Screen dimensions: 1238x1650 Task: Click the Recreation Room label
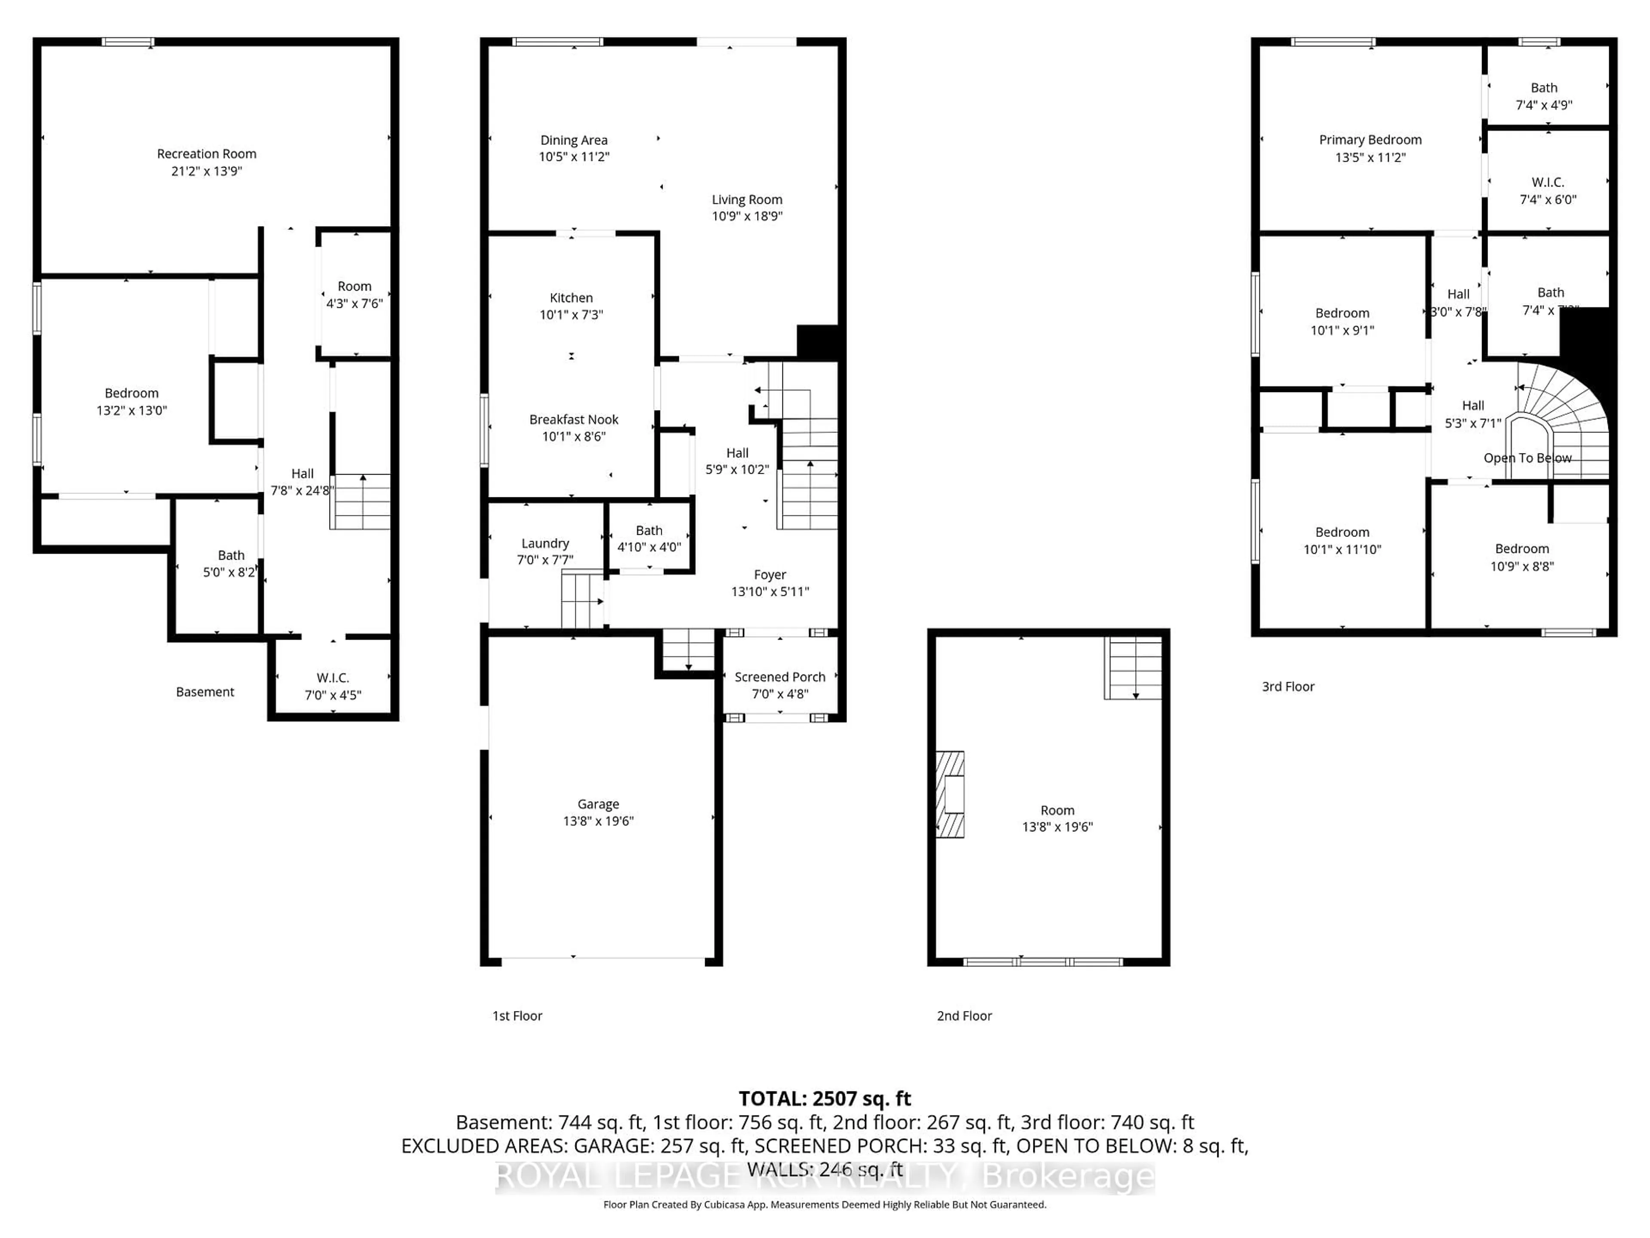click(x=207, y=154)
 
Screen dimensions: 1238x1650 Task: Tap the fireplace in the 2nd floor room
click(x=950, y=794)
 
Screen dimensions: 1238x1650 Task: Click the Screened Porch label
click(x=779, y=677)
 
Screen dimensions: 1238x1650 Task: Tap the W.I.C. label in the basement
click(x=333, y=677)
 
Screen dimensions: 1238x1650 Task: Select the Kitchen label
click(x=571, y=298)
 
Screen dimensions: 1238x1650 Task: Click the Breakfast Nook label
click(x=574, y=420)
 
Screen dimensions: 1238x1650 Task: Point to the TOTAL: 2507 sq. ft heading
click(x=824, y=1098)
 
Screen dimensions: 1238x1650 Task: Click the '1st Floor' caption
click(x=517, y=1016)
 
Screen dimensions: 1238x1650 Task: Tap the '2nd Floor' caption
click(x=964, y=1016)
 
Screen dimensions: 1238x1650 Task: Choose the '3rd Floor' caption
click(x=1287, y=686)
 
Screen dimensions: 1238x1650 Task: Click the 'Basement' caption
click(x=205, y=692)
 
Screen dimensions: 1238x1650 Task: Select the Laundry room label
click(x=545, y=543)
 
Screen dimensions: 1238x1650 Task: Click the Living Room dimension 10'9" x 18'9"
click(x=747, y=216)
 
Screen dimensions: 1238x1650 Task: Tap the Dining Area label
click(x=574, y=140)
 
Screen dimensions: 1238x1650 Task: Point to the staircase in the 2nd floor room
click(x=1133, y=668)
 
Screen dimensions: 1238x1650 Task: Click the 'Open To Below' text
click(x=1527, y=458)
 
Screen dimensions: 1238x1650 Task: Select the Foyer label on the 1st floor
click(x=770, y=575)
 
